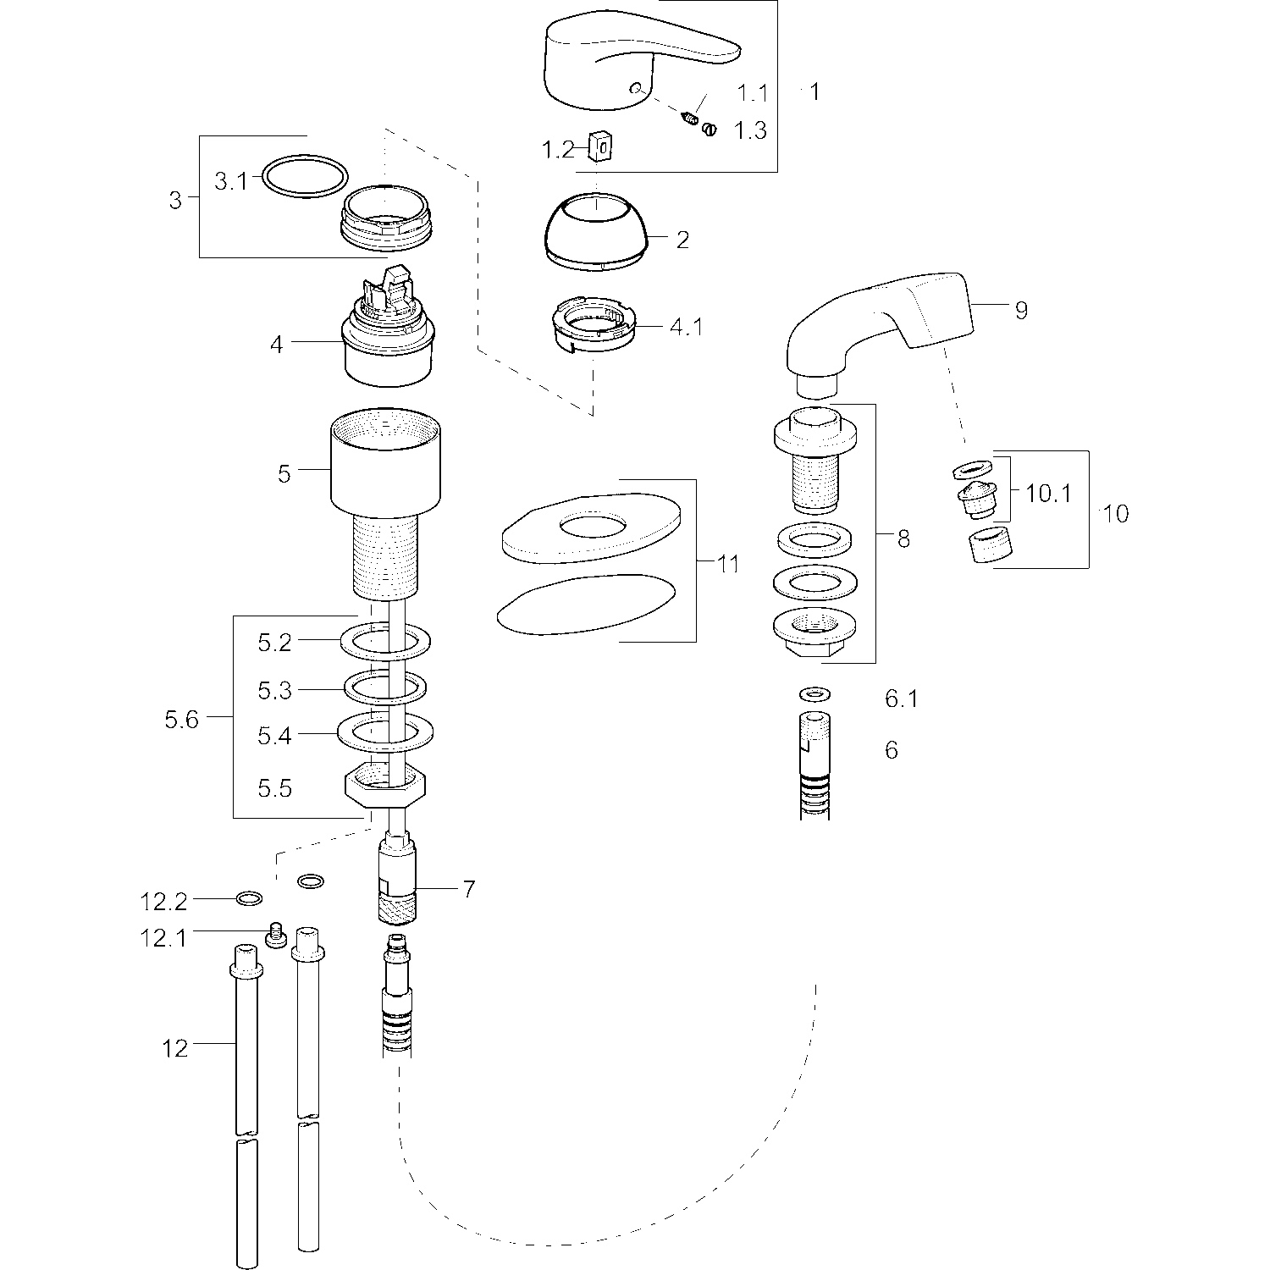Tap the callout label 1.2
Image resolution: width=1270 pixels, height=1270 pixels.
tap(558, 150)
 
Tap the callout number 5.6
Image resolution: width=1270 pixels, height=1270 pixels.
tap(181, 720)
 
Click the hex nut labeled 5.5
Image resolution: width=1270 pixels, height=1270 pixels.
tap(384, 785)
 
